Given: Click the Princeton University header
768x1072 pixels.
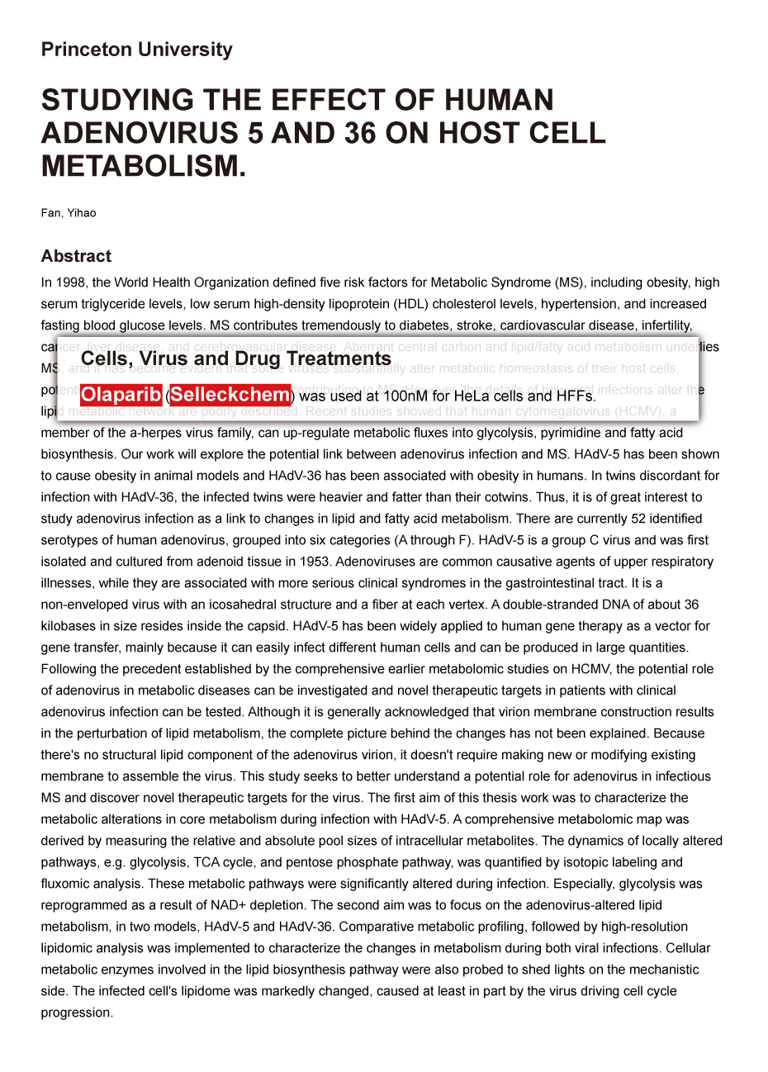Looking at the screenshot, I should (x=136, y=50).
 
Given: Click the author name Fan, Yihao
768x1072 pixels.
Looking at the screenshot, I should (x=69, y=213).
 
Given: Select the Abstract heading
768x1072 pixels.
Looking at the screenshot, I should (x=76, y=256).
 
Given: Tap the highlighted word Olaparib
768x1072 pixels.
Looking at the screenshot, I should (x=121, y=395).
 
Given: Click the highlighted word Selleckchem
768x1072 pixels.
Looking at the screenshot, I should (x=230, y=395).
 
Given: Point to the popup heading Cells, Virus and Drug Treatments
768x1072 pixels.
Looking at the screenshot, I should (x=235, y=358).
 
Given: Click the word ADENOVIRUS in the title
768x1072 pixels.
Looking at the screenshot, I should (x=144, y=133).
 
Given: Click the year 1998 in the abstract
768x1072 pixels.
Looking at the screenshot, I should (x=71, y=282).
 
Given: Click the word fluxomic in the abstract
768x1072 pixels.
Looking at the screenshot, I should (x=64, y=884).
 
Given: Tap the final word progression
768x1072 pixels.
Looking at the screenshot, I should (x=77, y=1013).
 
